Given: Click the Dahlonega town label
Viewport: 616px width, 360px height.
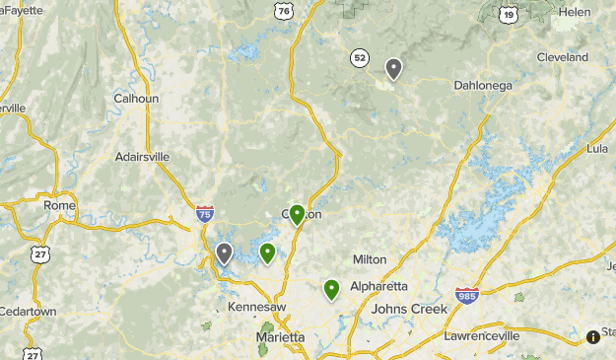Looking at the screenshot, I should pyautogui.click(x=484, y=85).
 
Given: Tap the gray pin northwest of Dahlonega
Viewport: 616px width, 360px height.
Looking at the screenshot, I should pyautogui.click(x=393, y=68).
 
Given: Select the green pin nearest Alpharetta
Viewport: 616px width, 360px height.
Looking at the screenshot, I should pyautogui.click(x=331, y=289).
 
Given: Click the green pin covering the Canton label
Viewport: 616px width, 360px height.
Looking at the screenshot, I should pyautogui.click(x=297, y=214).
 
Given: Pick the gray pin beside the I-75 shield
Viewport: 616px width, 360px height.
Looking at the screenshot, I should pyautogui.click(x=225, y=253).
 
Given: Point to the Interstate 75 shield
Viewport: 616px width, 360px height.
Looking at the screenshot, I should pyautogui.click(x=204, y=213).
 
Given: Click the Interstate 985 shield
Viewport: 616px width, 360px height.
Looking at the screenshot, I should pyautogui.click(x=467, y=295).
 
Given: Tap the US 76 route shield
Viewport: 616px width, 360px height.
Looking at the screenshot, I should pyautogui.click(x=284, y=12).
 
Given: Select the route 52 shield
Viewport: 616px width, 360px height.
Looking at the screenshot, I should pyautogui.click(x=360, y=58).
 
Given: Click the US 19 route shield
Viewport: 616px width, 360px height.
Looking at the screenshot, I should pyautogui.click(x=508, y=14).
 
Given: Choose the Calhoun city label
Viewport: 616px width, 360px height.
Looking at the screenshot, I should pyautogui.click(x=136, y=99).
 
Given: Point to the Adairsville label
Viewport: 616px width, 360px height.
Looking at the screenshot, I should pyautogui.click(x=142, y=156).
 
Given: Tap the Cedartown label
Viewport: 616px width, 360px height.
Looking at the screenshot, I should pyautogui.click(x=28, y=312).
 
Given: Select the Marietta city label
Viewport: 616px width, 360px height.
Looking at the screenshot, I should pyautogui.click(x=280, y=337).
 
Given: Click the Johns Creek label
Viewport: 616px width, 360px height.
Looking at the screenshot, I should pyautogui.click(x=409, y=309).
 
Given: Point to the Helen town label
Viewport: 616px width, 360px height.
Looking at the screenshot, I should pyautogui.click(x=574, y=11).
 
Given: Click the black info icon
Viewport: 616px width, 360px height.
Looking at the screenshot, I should pyautogui.click(x=593, y=336).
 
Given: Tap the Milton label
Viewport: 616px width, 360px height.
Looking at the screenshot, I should pyautogui.click(x=370, y=258).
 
